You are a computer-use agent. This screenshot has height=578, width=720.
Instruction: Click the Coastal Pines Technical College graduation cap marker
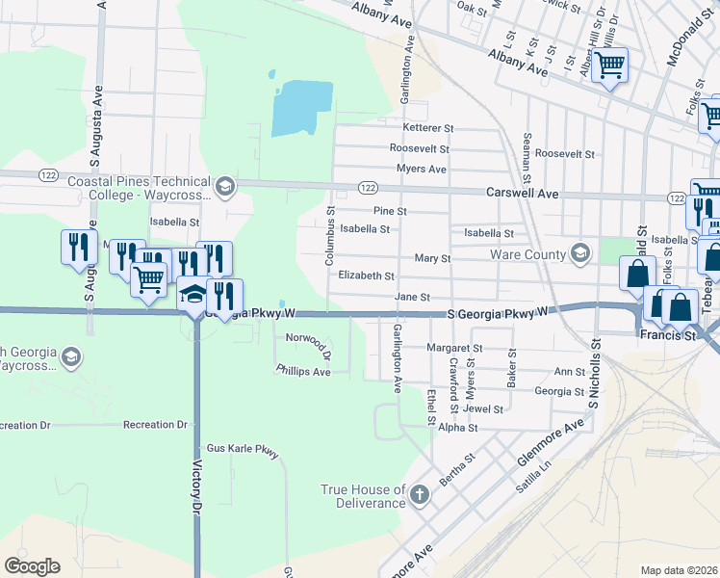point(224,187)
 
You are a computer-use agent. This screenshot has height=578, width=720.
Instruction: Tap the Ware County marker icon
point(579,254)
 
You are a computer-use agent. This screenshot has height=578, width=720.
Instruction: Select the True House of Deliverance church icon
point(418,495)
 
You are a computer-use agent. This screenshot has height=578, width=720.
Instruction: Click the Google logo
point(32,566)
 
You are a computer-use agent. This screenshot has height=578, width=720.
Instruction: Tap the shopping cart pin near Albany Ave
point(609,66)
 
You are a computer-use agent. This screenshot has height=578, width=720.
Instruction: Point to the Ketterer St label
point(427,128)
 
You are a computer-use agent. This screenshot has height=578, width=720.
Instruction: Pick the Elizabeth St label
point(366,276)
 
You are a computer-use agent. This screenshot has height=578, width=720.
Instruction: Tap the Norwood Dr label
point(308,340)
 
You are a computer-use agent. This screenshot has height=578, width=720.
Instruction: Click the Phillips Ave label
point(303,371)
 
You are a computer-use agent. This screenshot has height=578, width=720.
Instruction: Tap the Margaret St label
point(454,348)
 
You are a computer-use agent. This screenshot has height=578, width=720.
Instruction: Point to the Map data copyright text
point(678,570)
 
